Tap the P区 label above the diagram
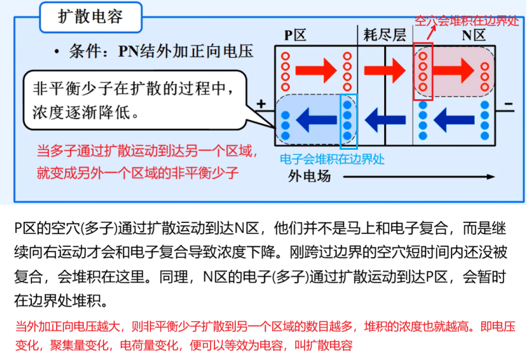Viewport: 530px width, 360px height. tap(295, 35)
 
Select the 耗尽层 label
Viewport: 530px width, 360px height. tap(384, 35)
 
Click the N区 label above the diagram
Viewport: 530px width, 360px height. tap(473, 35)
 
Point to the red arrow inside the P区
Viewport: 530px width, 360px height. tap(317, 70)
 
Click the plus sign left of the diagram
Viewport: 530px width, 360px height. tap(262, 105)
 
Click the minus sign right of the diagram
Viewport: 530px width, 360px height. tap(508, 105)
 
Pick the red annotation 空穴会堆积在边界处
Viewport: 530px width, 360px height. tap(467, 20)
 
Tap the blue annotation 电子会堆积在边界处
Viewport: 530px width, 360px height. tap(332, 159)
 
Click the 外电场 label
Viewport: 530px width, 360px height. tap(309, 176)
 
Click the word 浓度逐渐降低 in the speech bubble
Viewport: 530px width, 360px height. tap(81, 111)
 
